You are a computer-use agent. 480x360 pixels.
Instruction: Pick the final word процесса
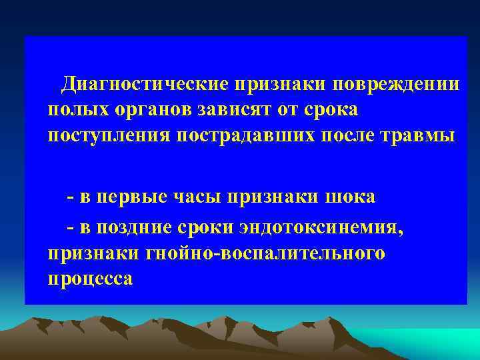coord(90,278)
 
